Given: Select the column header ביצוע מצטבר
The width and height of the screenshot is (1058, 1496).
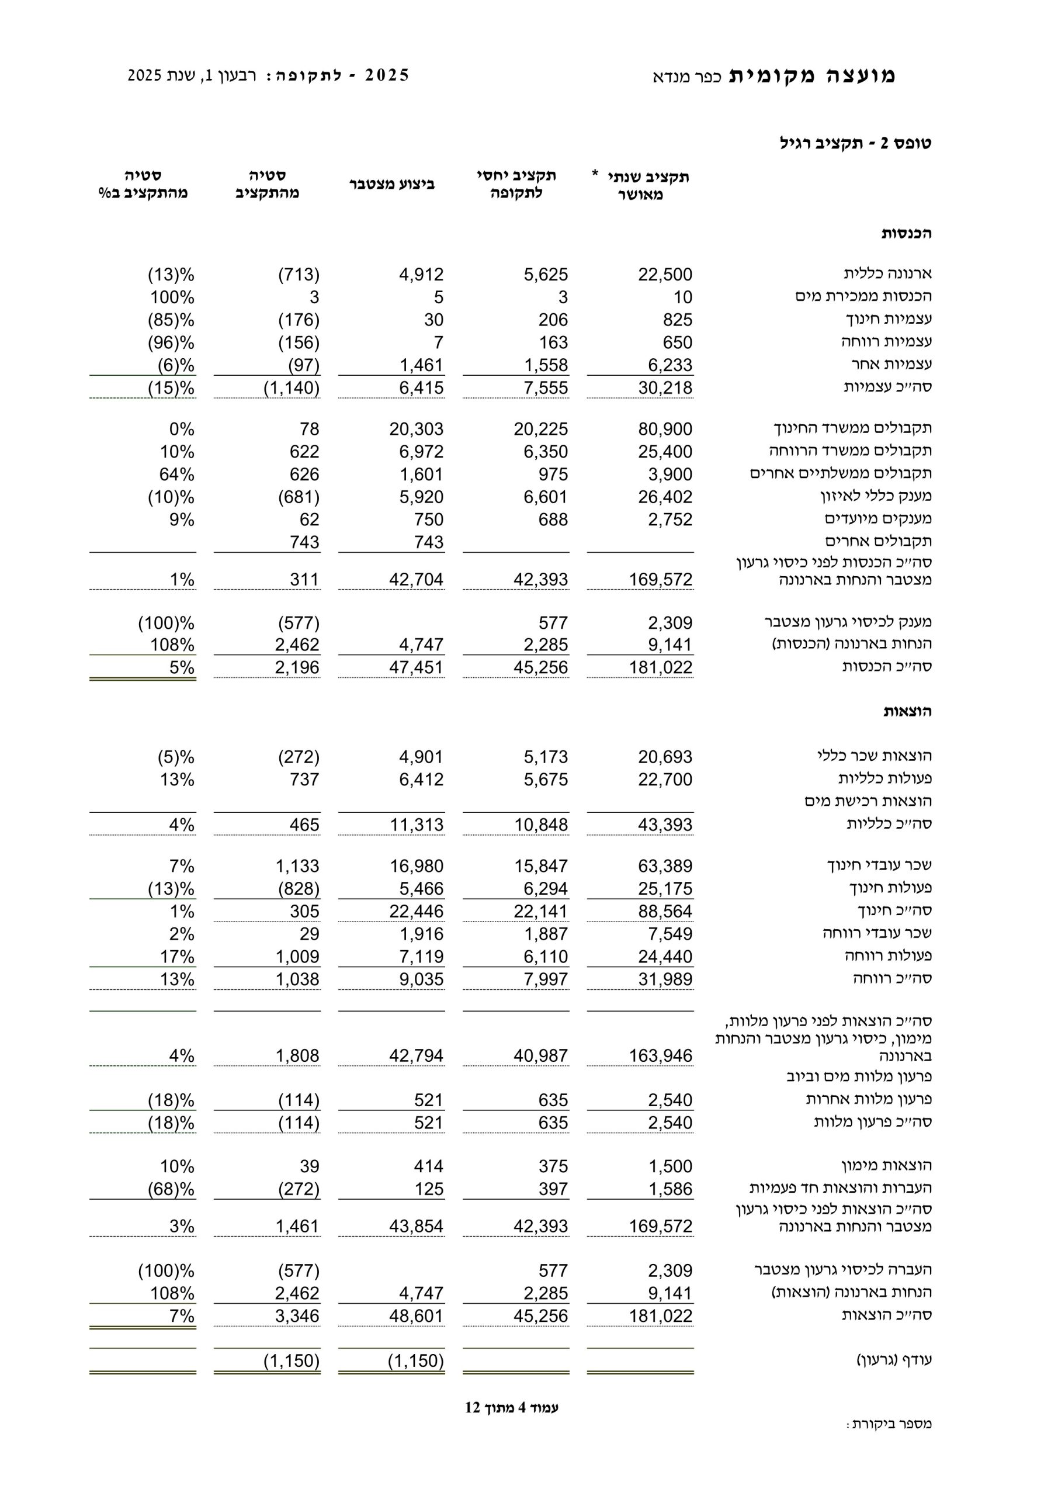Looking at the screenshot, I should (391, 185).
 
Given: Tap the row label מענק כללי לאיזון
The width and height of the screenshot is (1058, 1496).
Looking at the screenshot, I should (876, 496).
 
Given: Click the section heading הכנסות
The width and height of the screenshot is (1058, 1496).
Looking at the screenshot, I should (906, 233).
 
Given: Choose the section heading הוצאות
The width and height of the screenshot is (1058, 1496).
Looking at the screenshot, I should (907, 712).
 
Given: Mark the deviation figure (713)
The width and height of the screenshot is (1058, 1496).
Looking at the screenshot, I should (299, 274).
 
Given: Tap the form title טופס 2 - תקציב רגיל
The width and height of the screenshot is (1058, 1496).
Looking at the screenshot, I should (855, 143).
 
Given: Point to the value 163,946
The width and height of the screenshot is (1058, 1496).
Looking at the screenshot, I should (660, 1055).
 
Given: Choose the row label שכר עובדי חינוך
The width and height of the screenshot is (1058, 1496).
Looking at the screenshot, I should (879, 865).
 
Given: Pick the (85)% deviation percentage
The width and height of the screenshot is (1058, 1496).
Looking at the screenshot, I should (171, 320).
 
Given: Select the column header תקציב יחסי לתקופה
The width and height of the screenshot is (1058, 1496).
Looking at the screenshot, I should (516, 185).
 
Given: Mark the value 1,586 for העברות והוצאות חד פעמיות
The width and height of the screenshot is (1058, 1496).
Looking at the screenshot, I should (670, 1189).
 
